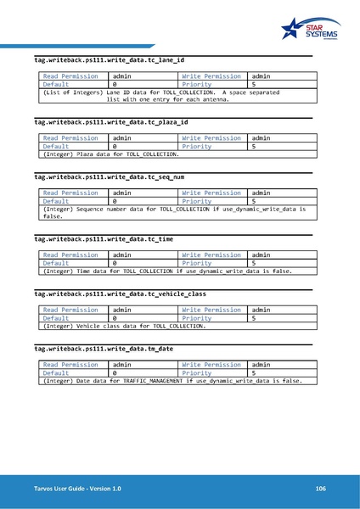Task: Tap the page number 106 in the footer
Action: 320,489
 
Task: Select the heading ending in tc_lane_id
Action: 108,60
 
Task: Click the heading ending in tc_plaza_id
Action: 110,122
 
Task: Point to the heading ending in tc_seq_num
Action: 109,177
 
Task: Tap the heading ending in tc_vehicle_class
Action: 120,294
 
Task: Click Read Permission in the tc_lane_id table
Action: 70,76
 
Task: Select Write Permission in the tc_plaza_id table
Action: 211,137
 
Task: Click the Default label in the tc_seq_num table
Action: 56,201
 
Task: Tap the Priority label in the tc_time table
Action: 197,263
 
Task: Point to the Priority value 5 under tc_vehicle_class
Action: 254,318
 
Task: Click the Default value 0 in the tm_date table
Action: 115,372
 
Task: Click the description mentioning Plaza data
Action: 111,154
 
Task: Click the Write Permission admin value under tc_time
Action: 262,255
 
